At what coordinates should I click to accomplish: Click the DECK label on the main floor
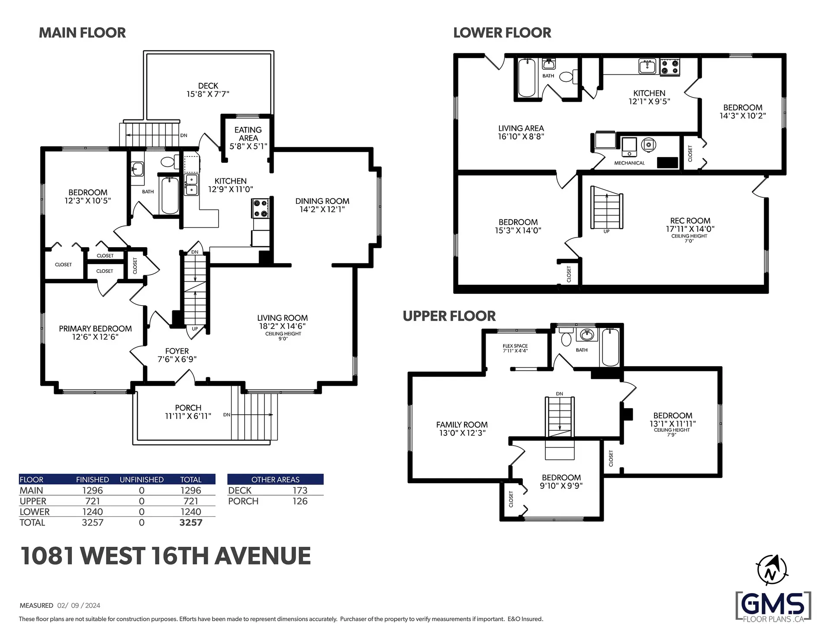(208, 86)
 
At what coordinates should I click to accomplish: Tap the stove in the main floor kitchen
(260, 208)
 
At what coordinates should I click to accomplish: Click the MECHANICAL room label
(629, 163)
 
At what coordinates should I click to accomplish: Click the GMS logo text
(773, 603)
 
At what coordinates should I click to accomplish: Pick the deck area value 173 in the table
(300, 490)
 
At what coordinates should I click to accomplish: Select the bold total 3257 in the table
(191, 523)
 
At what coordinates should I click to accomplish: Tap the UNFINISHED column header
(142, 480)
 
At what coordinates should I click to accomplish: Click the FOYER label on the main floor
(177, 351)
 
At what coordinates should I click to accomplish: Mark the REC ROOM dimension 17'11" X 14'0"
(690, 229)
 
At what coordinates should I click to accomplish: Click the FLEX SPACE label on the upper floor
(515, 346)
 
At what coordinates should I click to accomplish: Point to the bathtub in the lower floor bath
(527, 78)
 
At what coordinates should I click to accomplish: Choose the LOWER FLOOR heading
(502, 33)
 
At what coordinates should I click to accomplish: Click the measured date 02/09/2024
(79, 606)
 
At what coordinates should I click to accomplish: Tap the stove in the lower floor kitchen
(670, 67)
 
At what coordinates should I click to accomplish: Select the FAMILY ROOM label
(462, 425)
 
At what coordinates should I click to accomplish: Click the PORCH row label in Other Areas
(243, 501)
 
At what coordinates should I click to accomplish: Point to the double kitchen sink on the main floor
(191, 184)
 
